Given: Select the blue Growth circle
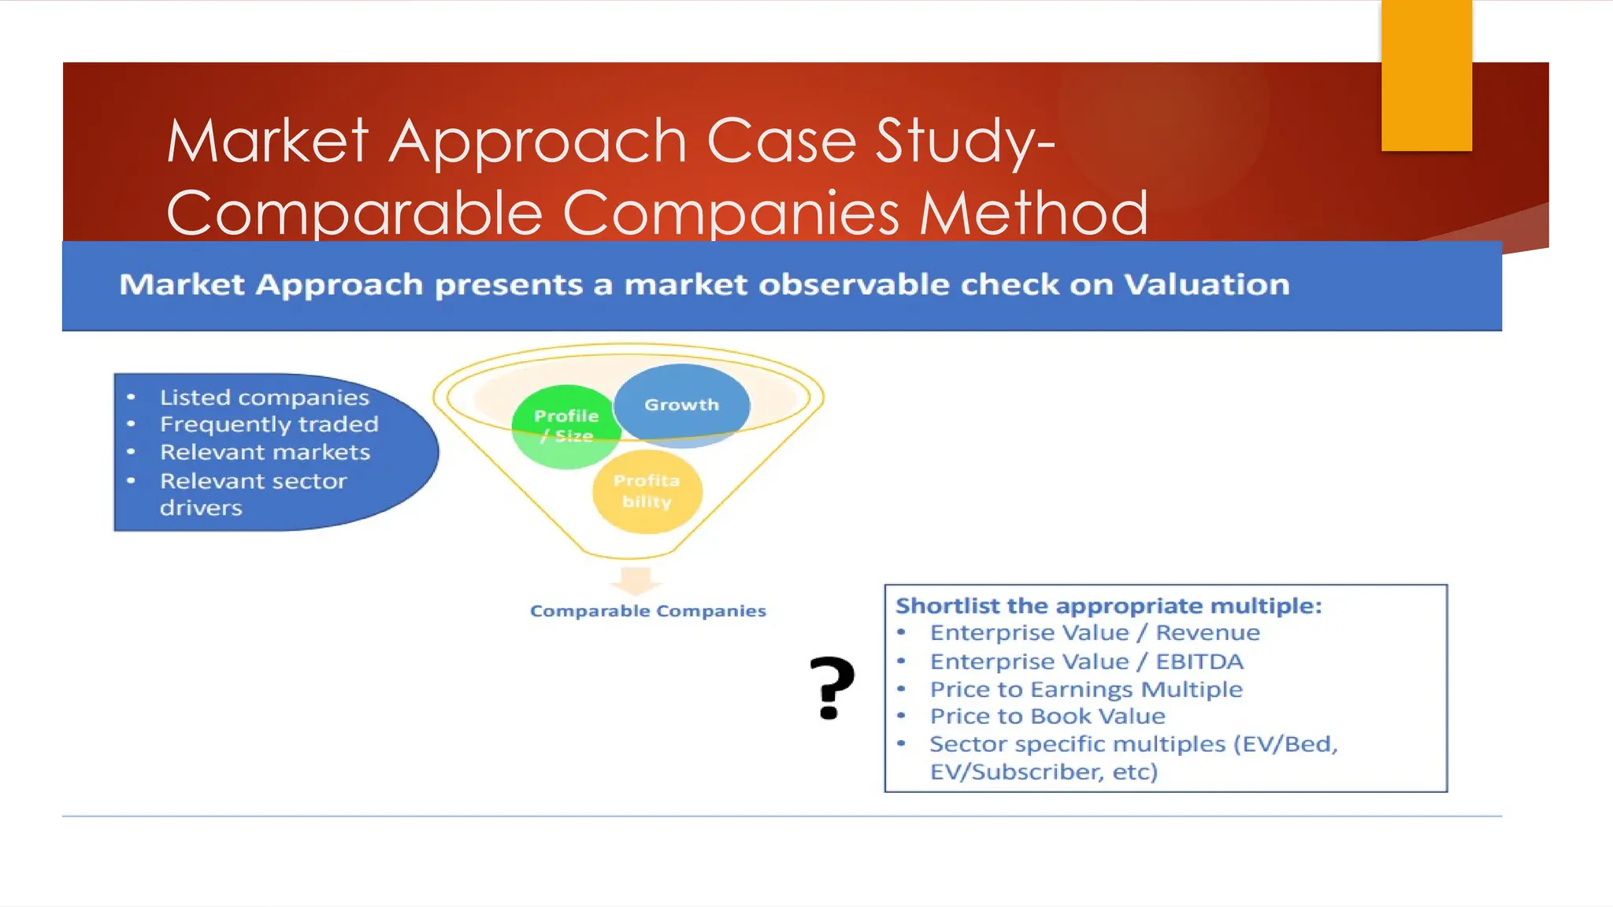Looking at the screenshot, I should (x=681, y=405).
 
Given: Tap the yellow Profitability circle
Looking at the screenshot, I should (x=647, y=491).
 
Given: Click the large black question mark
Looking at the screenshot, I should (x=832, y=687).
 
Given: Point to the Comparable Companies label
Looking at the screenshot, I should (x=647, y=611).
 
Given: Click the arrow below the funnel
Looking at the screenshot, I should (x=636, y=580).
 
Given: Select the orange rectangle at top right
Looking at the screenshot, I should (x=1426, y=75).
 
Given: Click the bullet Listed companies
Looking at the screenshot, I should (x=264, y=398).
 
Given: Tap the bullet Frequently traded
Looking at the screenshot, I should (x=269, y=424).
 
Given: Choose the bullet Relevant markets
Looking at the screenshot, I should (x=265, y=453).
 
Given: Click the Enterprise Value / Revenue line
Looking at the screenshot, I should (x=1094, y=633).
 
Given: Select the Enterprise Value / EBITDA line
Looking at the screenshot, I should (x=1086, y=661).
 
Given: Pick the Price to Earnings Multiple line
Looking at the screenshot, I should (x=1085, y=690).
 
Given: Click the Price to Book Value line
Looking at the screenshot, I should (x=1047, y=716).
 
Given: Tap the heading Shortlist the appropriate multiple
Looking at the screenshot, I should (x=1108, y=606).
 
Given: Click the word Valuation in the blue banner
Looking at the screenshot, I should (x=1207, y=285).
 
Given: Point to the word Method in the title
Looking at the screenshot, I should (x=1033, y=213).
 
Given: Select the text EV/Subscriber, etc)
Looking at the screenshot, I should (x=1044, y=772).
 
